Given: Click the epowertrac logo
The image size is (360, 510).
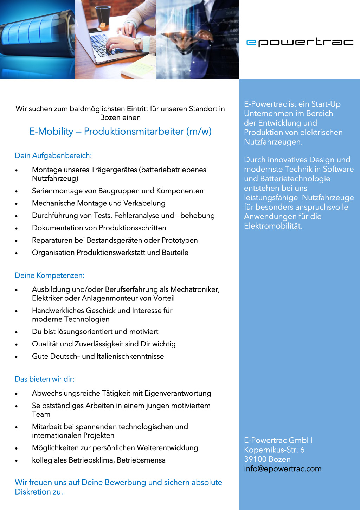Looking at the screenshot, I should (300, 42).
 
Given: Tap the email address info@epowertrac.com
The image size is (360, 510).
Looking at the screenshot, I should (283, 469).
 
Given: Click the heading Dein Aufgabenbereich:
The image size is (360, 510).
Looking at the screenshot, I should (53, 155).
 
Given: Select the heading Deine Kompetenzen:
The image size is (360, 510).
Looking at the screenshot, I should (50, 275).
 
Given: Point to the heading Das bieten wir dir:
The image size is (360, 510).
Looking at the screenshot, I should (45, 379).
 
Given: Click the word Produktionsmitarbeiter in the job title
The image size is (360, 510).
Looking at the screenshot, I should (134, 132).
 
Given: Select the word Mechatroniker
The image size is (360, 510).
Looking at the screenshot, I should (195, 289).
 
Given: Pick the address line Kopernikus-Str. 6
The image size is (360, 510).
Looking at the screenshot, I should (274, 450).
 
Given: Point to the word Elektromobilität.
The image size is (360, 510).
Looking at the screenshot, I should (273, 226).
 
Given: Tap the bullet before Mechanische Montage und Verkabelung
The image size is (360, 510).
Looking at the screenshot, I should (17, 204).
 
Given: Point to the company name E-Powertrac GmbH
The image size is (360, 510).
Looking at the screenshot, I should (278, 440).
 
